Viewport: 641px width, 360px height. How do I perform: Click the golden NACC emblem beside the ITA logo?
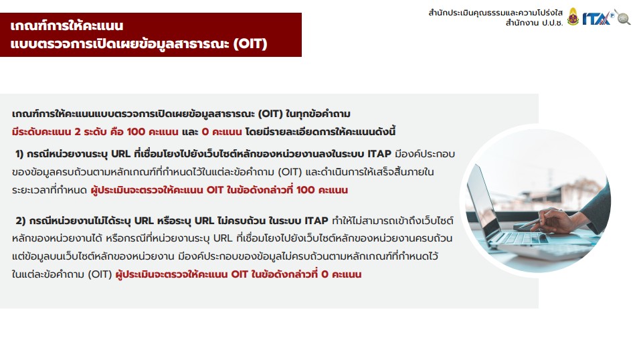(x=573, y=17)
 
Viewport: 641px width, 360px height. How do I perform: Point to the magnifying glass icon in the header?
(x=623, y=17)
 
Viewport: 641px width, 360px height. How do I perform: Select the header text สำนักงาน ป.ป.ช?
(x=534, y=23)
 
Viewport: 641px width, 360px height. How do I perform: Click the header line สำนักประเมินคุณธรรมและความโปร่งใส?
(x=495, y=13)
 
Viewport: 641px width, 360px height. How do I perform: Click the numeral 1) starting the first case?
(x=19, y=154)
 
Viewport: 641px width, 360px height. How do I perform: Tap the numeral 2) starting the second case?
(x=21, y=221)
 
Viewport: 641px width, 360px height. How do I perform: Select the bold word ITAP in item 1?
(x=379, y=154)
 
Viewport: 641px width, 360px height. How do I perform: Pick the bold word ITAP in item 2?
(x=316, y=221)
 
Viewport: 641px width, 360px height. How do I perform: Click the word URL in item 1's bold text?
(x=120, y=154)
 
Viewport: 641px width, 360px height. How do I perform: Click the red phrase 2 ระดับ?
(x=90, y=132)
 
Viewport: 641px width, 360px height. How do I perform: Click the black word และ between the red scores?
(x=190, y=132)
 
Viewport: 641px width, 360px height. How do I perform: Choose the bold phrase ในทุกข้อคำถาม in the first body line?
(x=318, y=114)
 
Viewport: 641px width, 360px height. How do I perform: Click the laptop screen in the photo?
(x=483, y=200)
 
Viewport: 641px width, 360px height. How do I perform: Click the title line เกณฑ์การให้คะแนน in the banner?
(x=67, y=25)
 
